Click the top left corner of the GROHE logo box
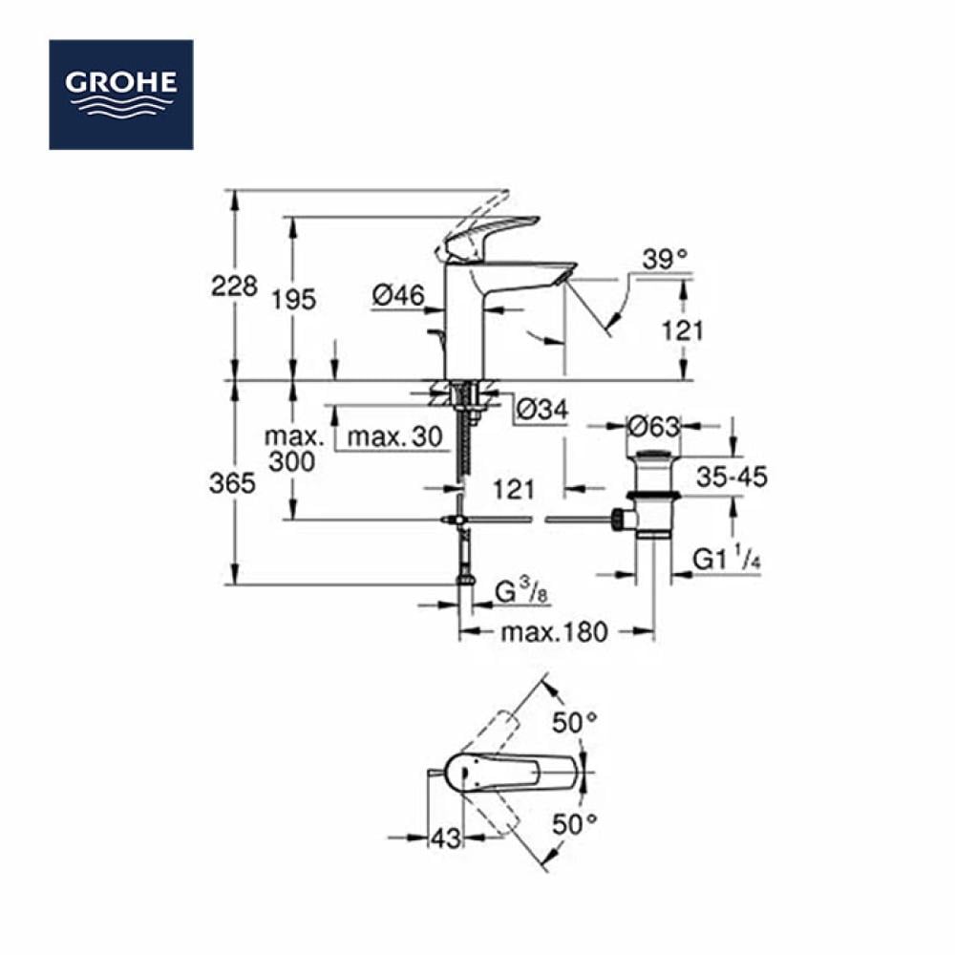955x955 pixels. (50, 40)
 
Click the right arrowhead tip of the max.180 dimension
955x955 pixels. (654, 631)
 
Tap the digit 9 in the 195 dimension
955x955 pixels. (293, 300)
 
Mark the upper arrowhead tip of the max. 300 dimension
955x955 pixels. (293, 381)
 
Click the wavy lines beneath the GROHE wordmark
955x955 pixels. (121, 106)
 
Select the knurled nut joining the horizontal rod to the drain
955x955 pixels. (619, 520)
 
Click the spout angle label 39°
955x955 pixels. (665, 260)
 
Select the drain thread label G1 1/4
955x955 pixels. (727, 559)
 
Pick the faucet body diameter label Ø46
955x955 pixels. (398, 296)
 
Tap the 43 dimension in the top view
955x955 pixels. (446, 839)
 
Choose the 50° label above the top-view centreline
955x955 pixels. (574, 723)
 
